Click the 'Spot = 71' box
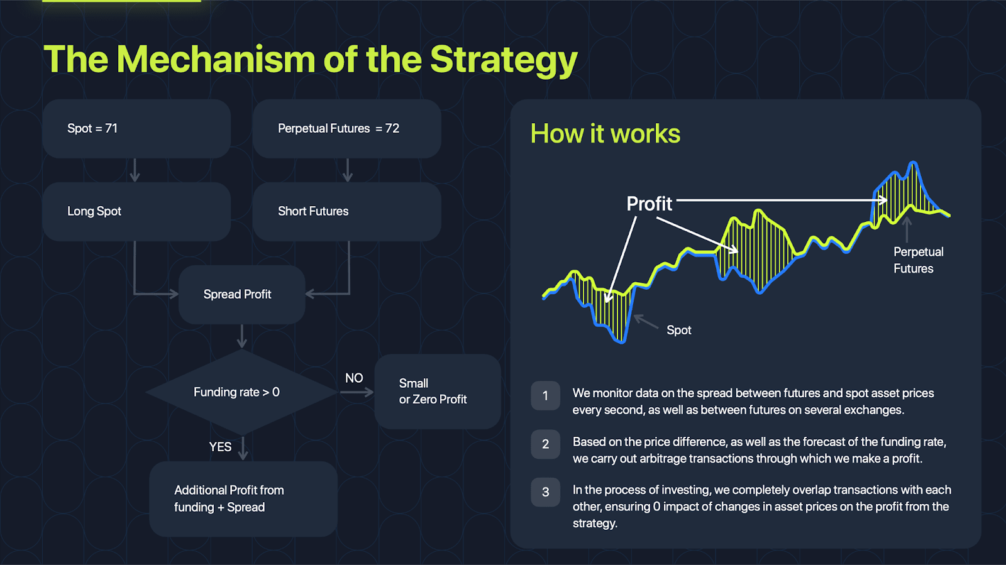click(136, 129)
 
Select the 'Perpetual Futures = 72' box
click(346, 129)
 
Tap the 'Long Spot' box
click(136, 211)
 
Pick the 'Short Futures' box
click(346, 211)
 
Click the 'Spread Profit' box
click(241, 294)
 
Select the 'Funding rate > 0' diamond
click(241, 392)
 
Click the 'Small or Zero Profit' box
click(438, 392)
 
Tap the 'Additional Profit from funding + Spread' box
click(243, 498)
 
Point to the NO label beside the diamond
click(354, 378)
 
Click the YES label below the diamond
click(220, 447)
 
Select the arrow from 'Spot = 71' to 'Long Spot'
click(135, 170)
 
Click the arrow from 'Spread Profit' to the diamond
click(242, 336)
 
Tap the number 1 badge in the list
click(545, 396)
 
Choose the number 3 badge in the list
click(545, 492)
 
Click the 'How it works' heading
click(605, 134)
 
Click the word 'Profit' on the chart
click(649, 204)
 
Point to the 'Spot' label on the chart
click(678, 331)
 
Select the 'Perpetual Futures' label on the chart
click(918, 260)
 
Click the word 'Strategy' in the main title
click(504, 60)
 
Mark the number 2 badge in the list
click(545, 444)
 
